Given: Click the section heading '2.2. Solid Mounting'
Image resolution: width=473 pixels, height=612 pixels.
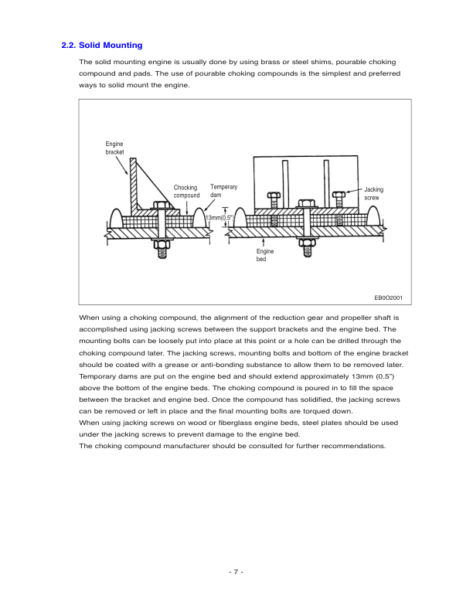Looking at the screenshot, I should (x=101, y=46).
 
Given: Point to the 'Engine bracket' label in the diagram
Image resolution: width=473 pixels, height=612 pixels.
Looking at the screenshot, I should (x=114, y=148).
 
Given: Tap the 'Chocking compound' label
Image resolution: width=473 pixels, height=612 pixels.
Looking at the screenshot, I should (x=186, y=192).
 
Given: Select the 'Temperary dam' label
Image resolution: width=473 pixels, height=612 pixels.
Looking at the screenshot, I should (x=223, y=192).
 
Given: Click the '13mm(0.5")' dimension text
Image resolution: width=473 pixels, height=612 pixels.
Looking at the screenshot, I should (x=219, y=219).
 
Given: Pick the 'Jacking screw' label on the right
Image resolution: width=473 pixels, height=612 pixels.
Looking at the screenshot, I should (x=373, y=193).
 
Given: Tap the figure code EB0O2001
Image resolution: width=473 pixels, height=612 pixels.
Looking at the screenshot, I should (x=390, y=297).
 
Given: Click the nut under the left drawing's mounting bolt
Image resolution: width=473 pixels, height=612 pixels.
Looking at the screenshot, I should (x=162, y=249).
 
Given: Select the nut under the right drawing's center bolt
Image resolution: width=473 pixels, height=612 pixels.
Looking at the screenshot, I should (x=307, y=249).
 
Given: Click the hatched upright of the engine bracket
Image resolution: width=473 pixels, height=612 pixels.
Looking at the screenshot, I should (x=134, y=185).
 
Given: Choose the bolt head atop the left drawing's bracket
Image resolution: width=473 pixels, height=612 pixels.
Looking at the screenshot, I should (x=162, y=206).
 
